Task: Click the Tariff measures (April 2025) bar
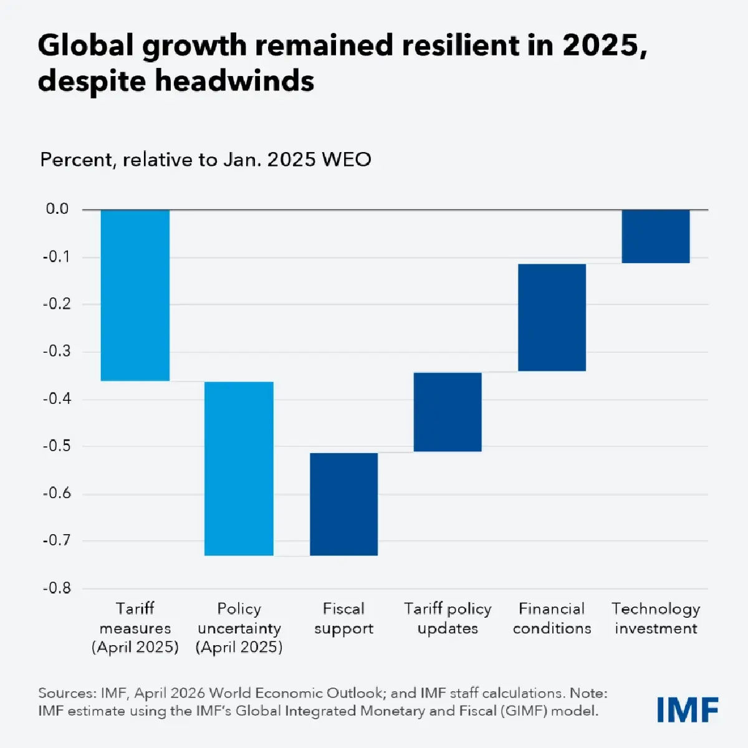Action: point(135,295)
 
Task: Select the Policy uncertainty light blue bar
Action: point(239,468)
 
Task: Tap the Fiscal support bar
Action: point(344,504)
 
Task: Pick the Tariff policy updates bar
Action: point(448,411)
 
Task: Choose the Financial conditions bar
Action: point(552,317)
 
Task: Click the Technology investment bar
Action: point(656,236)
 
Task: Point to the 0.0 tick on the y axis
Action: point(57,209)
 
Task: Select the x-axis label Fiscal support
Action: point(343,618)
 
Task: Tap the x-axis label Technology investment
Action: point(656,618)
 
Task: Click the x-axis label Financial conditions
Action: point(552,618)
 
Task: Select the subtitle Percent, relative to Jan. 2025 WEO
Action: point(206,160)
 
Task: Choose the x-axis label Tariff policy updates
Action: point(448,618)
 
